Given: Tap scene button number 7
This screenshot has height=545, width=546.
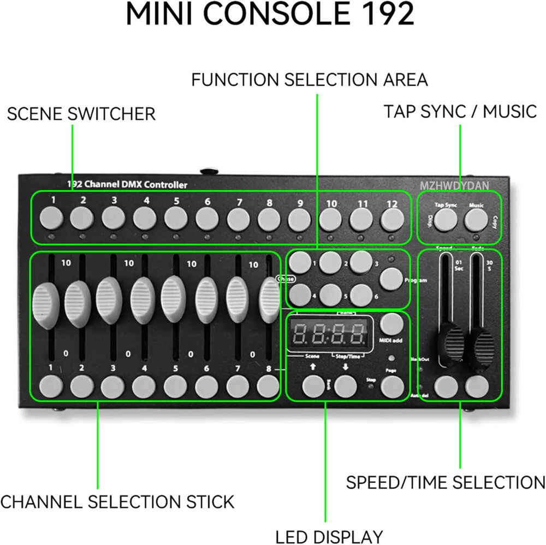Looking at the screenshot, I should pos(239,220).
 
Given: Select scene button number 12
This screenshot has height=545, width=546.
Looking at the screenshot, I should pos(391,220).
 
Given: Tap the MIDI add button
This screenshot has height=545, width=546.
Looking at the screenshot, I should pos(391,324).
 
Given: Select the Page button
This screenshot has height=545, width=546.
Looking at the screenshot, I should pos(391,386).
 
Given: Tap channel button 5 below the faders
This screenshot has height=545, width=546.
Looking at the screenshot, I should pos(175,386).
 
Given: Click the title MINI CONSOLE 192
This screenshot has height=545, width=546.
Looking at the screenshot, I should pos(270,16).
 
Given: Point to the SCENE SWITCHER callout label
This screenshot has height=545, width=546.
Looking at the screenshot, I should pos(81,114).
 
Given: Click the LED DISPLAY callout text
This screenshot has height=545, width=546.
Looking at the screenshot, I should pos(329,536).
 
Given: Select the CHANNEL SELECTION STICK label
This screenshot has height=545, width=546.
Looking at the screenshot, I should pos(117,501).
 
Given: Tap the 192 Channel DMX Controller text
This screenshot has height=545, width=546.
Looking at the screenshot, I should pos(127,185).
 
